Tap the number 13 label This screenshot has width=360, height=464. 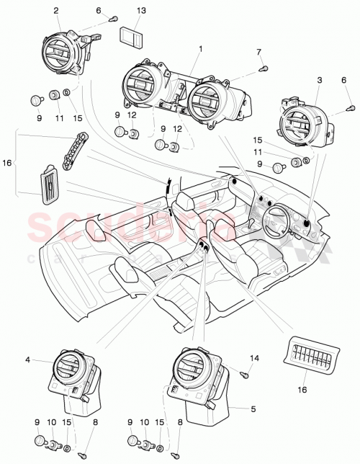point(140,10)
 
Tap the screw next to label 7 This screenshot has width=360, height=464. point(264,68)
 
